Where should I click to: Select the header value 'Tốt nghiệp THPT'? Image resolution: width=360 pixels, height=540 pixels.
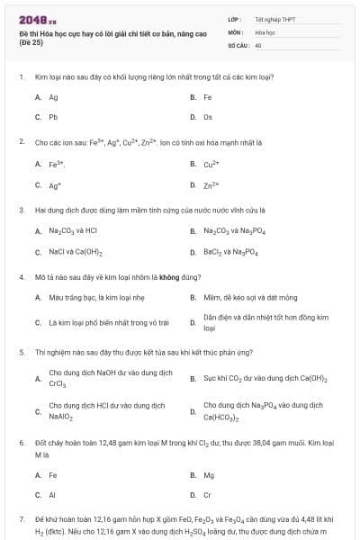274,18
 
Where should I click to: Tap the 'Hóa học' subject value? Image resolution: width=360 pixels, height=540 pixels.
264,31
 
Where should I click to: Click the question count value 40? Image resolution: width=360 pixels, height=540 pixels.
258,44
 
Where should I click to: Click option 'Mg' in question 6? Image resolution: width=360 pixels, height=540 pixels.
209,474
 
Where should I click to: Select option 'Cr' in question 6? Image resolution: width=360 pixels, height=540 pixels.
208,495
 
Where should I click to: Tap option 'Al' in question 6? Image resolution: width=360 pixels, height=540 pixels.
52,495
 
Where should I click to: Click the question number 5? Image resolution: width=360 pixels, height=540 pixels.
21,352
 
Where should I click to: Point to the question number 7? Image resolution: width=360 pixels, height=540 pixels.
21,520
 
